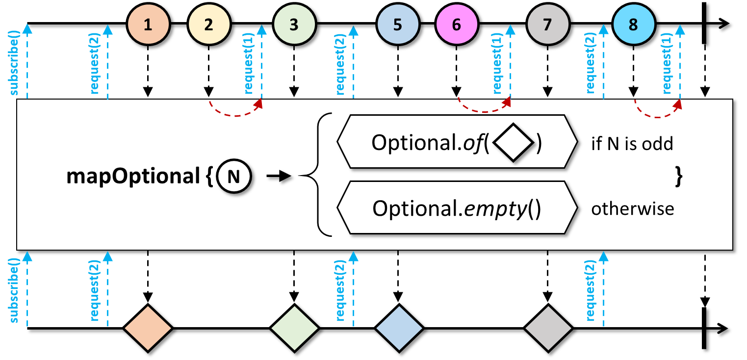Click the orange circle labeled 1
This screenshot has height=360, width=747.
(x=148, y=25)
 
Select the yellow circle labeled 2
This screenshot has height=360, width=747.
(x=209, y=25)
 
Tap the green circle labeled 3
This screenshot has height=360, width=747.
(x=294, y=25)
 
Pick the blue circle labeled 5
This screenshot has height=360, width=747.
(x=397, y=25)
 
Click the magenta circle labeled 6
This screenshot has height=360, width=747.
(x=457, y=25)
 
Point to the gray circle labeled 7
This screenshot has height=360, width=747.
(x=547, y=25)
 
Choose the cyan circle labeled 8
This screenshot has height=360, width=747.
(x=633, y=25)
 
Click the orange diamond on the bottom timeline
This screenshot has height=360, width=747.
(x=148, y=328)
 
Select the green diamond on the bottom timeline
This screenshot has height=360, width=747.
(x=294, y=328)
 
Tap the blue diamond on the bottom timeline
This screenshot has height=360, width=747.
(x=398, y=328)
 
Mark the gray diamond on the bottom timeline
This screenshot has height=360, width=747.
(x=548, y=328)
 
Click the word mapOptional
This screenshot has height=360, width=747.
(x=131, y=177)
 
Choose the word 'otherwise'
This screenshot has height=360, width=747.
(x=632, y=209)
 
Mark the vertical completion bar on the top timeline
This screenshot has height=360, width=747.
(x=705, y=24)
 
